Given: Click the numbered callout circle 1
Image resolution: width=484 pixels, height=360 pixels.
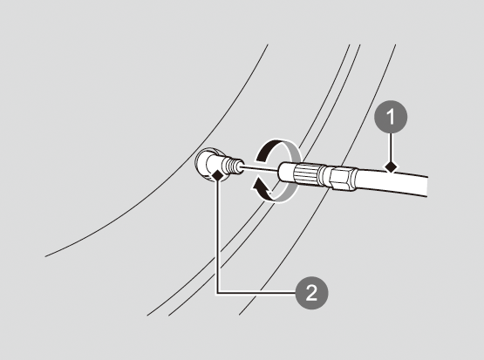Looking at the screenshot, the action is (x=391, y=117).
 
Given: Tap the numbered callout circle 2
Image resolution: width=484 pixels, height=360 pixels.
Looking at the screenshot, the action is (x=311, y=292).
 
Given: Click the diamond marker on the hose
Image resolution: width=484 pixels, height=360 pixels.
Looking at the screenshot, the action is (x=391, y=166).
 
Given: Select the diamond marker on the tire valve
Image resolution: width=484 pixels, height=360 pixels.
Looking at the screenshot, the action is (x=218, y=175).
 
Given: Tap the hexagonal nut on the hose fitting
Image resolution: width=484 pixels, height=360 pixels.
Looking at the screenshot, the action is (x=344, y=179).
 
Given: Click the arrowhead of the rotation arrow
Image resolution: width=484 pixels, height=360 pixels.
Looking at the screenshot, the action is (x=259, y=186).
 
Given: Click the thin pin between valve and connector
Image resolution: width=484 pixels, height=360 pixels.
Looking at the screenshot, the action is (x=261, y=168).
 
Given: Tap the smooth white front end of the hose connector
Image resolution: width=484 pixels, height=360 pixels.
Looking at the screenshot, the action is (x=287, y=172).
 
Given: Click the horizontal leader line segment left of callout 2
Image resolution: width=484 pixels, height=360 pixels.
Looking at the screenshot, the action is (x=256, y=292).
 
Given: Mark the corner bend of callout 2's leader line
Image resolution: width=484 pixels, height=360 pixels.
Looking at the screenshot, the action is (x=218, y=292).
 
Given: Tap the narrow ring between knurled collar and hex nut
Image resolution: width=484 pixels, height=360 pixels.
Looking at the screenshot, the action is (x=326, y=177).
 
